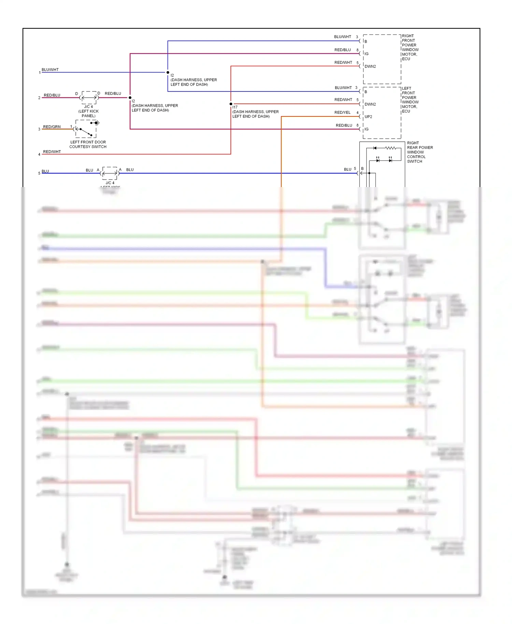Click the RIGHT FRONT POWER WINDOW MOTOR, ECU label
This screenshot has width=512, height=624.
410,47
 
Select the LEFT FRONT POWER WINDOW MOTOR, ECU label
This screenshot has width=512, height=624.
410,100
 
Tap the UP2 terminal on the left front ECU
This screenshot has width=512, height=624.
368,117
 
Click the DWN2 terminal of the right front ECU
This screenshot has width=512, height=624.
370,67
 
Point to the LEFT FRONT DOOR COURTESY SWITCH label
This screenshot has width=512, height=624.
88,144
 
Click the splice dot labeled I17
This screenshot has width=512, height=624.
231,104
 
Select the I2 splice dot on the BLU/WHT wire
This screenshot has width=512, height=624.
168,72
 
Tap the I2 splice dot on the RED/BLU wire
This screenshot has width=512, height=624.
130,98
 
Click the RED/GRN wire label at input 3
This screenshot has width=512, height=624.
52,127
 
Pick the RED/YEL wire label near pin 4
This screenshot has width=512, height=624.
342,112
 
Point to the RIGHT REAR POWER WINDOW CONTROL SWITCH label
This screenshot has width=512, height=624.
419,152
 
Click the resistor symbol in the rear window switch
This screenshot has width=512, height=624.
390,148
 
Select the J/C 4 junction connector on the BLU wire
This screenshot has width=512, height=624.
110,173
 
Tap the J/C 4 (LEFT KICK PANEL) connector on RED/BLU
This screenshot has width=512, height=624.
89,98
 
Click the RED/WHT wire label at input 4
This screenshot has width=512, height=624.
52,152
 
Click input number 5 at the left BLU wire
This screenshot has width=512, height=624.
39,173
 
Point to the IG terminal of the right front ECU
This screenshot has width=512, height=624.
366,54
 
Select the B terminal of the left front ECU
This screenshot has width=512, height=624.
366,92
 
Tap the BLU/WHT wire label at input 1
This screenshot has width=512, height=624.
50,70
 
